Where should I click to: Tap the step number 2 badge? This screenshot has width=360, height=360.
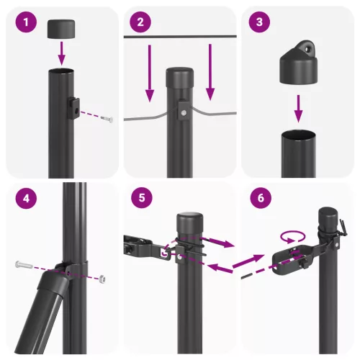[140, 23]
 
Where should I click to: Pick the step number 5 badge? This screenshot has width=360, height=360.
[140, 199]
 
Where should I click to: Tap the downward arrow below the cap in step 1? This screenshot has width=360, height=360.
[62, 52]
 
